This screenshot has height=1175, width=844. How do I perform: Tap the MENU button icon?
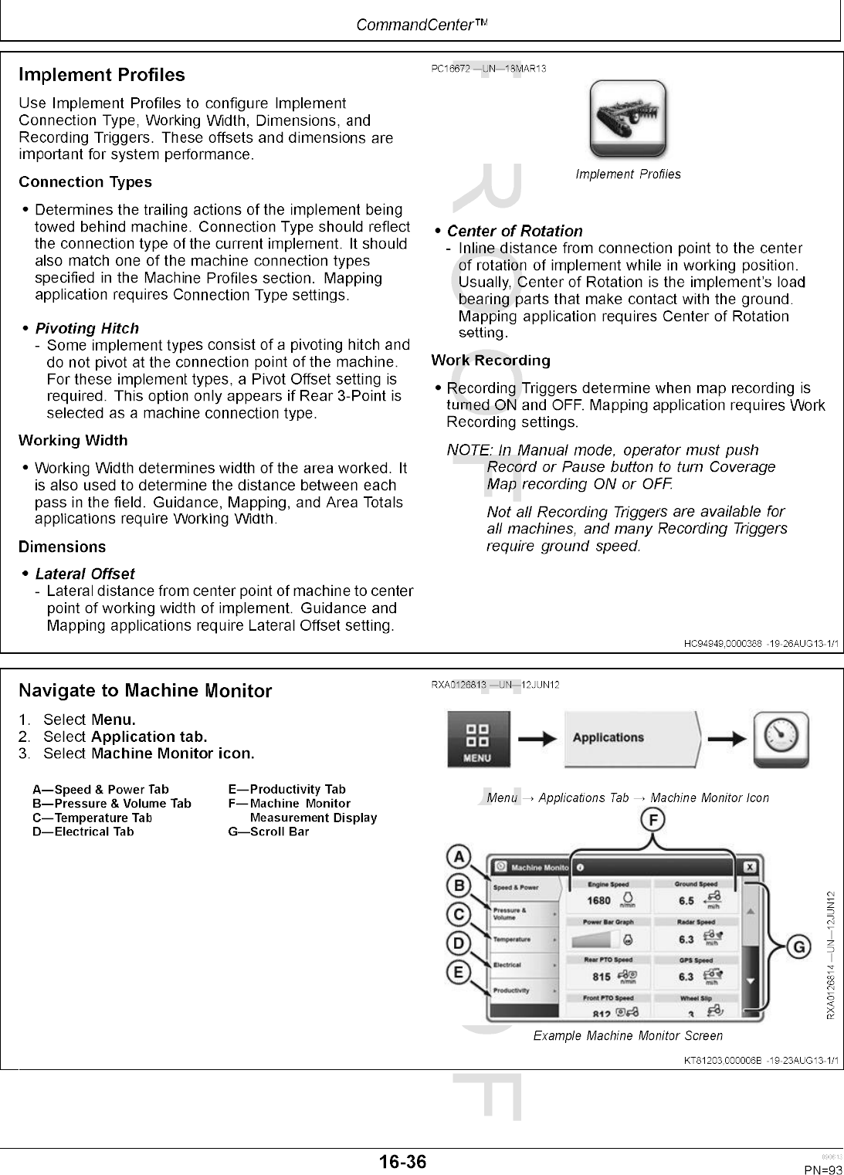tap(476, 739)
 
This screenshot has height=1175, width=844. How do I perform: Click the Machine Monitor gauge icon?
tap(781, 739)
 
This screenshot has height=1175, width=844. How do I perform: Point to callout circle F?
tap(653, 821)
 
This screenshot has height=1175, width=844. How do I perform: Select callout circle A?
tap(459, 856)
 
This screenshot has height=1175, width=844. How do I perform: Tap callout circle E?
tap(459, 971)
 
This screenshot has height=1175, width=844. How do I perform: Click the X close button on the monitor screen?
tap(749, 868)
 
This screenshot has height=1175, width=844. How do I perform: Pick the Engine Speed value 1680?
tap(599, 900)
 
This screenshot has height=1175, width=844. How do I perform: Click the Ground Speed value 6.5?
tap(686, 900)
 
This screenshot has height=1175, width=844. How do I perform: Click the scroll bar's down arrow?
tap(750, 981)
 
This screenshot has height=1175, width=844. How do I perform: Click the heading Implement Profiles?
tap(102, 75)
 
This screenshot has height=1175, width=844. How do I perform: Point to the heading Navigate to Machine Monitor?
tap(145, 690)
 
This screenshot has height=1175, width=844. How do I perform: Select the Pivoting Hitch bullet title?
tap(87, 328)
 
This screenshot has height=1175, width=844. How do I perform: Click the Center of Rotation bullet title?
tap(515, 231)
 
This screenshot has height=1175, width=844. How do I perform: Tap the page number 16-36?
tap(402, 1161)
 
